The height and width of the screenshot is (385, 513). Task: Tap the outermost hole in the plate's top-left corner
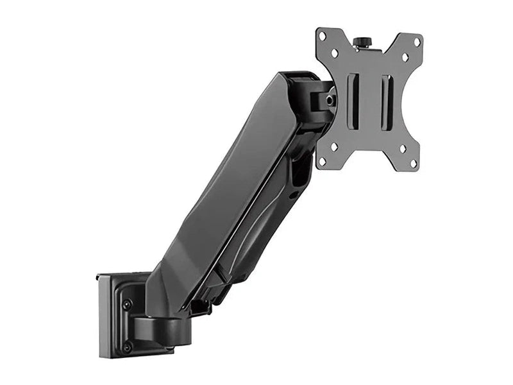[x=322, y=36]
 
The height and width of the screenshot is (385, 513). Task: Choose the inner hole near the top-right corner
[x=405, y=57]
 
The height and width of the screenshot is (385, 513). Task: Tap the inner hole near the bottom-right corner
[x=403, y=149]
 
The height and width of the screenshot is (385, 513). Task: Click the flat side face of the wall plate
[x=106, y=318]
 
